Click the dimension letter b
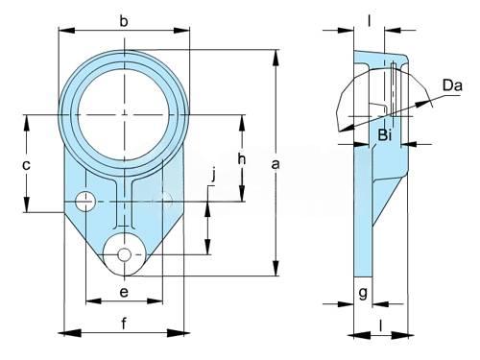click(x=124, y=21)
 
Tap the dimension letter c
click(x=26, y=165)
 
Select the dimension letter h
click(x=242, y=158)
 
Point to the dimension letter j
click(x=214, y=176)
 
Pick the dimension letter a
click(x=276, y=165)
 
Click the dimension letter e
click(x=124, y=292)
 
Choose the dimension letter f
click(x=124, y=324)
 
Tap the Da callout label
click(x=452, y=85)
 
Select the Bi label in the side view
click(x=385, y=135)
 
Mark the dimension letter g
click(x=363, y=293)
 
